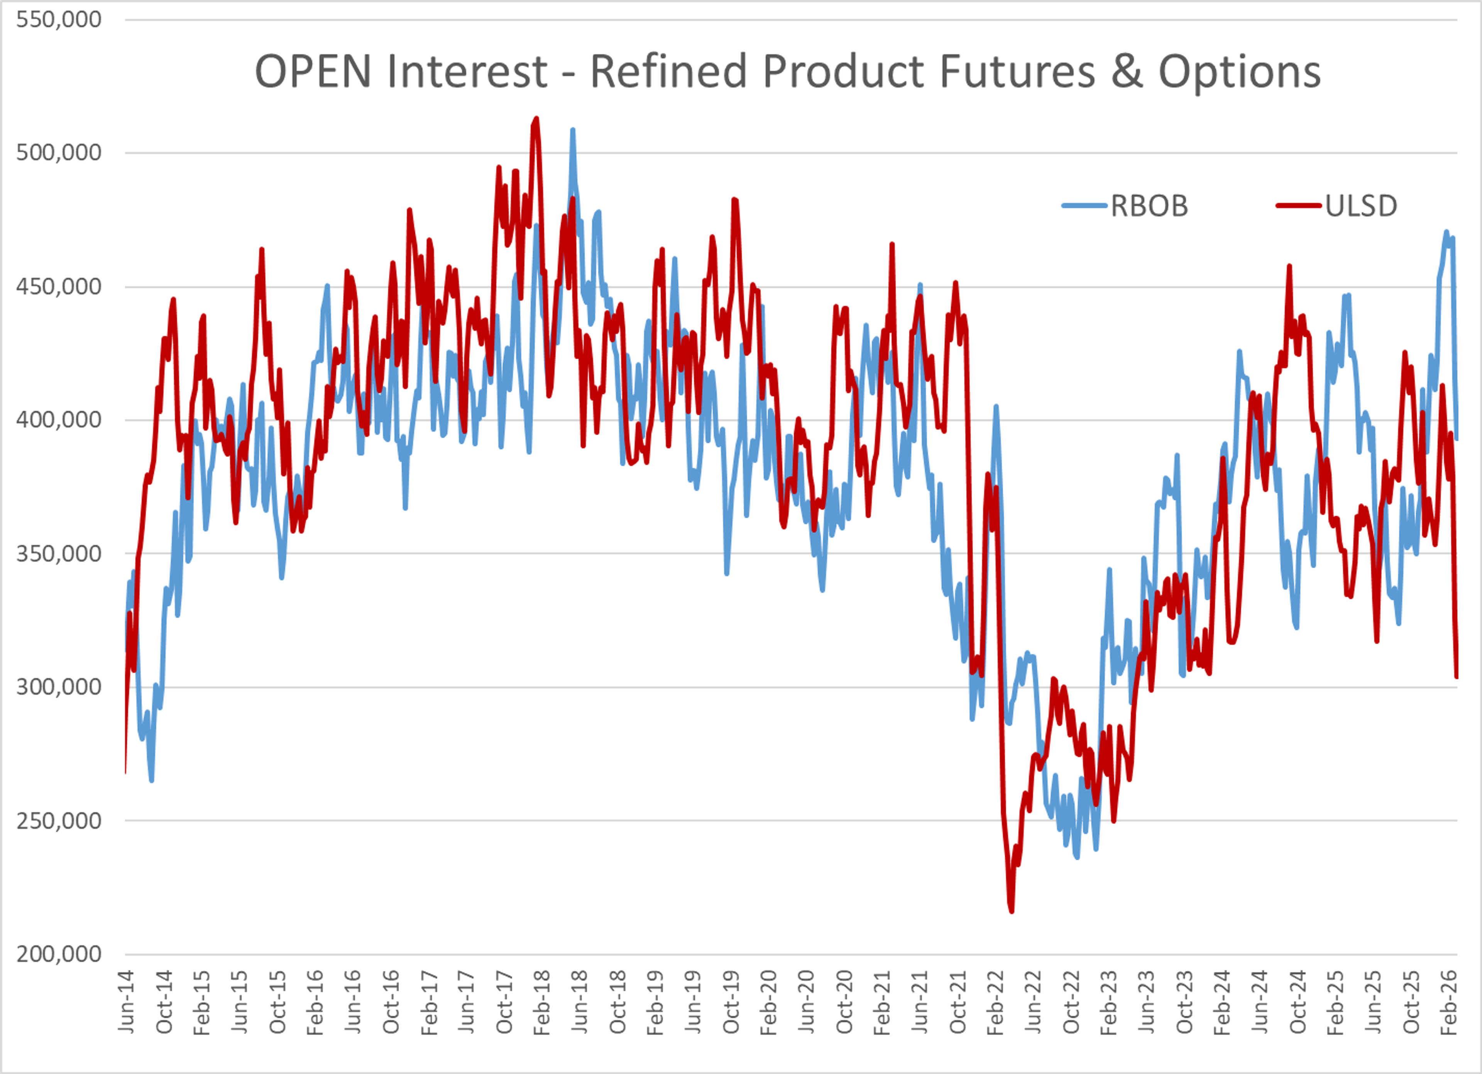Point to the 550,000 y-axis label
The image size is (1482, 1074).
click(59, 20)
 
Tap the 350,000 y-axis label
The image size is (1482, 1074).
click(59, 553)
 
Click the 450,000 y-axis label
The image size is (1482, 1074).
click(59, 286)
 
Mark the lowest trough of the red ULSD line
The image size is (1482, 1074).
click(1012, 911)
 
